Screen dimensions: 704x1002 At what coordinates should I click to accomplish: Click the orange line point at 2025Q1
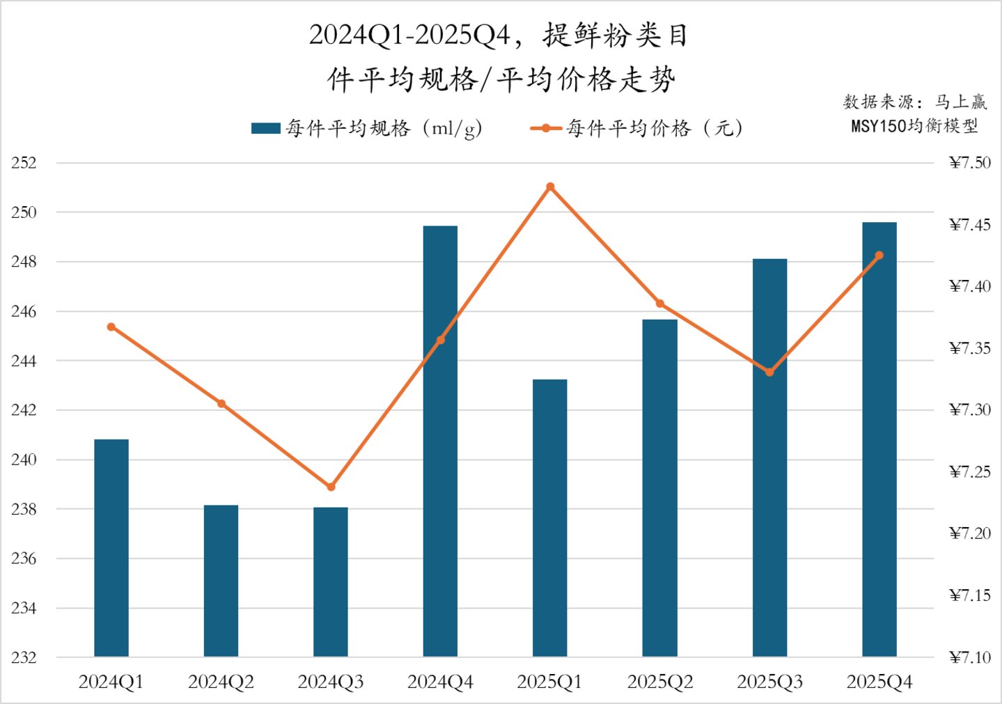point(550,187)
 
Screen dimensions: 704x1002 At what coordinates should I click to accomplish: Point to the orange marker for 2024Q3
point(331,487)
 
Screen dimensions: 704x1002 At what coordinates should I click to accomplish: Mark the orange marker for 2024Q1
point(111,327)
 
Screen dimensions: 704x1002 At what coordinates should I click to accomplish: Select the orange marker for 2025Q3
point(769,373)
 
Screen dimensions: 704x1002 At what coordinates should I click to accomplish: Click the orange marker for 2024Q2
point(221,404)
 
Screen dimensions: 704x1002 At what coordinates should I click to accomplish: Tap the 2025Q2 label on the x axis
point(660,682)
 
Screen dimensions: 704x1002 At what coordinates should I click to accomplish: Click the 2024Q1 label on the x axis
point(111,682)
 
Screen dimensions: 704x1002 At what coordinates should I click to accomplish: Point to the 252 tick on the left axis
point(24,163)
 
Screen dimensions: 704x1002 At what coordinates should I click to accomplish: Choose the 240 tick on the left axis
point(24,460)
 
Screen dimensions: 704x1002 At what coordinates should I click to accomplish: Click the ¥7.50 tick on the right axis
point(969,163)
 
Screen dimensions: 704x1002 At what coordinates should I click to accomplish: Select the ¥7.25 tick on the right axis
point(969,472)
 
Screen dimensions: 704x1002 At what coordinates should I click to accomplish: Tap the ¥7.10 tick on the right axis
point(969,657)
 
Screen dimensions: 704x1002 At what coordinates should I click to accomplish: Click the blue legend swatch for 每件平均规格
point(266,128)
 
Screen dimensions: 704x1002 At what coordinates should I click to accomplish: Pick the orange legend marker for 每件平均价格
point(547,128)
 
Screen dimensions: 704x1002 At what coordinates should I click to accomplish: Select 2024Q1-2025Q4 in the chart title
point(409,35)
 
